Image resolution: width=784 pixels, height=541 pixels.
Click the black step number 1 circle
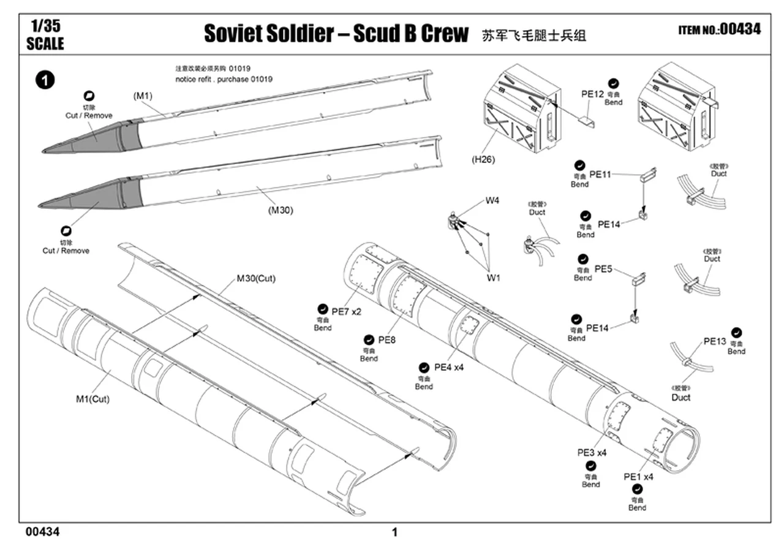pyautogui.click(x=46, y=80)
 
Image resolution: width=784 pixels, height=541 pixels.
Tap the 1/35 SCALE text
pyautogui.click(x=45, y=36)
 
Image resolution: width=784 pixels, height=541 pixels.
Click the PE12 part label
pyautogui.click(x=592, y=94)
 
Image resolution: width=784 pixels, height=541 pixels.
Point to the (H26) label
pyautogui.click(x=483, y=160)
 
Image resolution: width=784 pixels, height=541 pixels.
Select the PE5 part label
pyautogui.click(x=603, y=268)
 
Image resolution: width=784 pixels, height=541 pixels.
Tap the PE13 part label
pyautogui.click(x=714, y=341)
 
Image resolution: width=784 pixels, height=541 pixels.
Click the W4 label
pyautogui.click(x=492, y=200)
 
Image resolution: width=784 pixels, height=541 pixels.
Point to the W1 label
pyautogui.click(x=493, y=278)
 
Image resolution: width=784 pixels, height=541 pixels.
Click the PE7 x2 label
pyautogui.click(x=347, y=312)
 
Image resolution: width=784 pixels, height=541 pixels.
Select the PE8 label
pyautogui.click(x=386, y=339)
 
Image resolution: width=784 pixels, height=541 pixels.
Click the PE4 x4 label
pyautogui.click(x=449, y=368)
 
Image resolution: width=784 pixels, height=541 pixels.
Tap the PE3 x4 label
pyautogui.click(x=591, y=453)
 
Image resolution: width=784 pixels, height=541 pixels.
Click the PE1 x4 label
pyautogui.click(x=638, y=477)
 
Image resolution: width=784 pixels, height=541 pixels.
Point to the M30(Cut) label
pyautogui.click(x=256, y=279)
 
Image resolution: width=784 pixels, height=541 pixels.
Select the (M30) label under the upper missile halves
pyautogui.click(x=281, y=210)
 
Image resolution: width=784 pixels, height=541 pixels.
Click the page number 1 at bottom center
pyautogui.click(x=394, y=532)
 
